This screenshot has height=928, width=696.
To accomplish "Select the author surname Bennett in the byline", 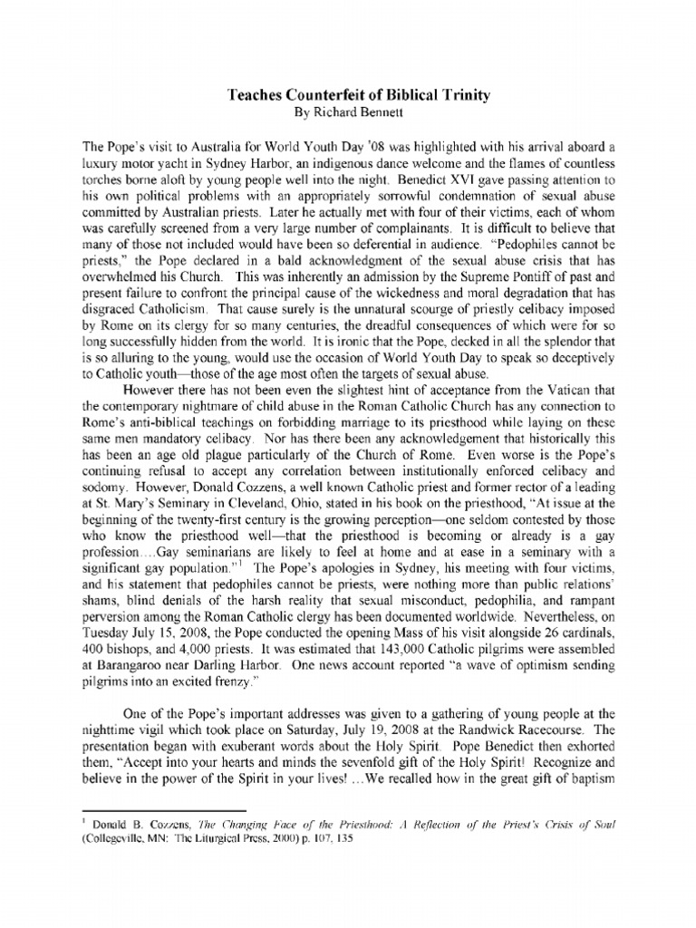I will [x=384, y=114].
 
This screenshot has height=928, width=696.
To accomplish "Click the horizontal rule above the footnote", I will [x=164, y=805].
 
